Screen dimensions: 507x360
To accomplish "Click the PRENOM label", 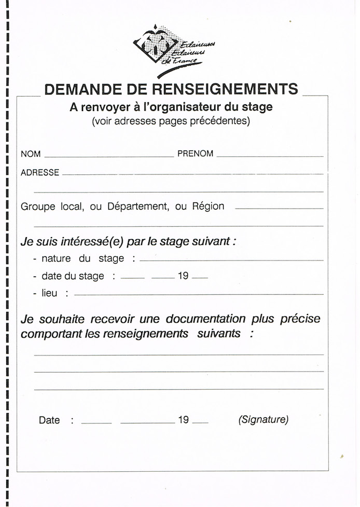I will pos(195,154).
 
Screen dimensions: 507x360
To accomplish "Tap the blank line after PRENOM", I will pos(270,155).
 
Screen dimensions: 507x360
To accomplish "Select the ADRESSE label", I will pos(40,173).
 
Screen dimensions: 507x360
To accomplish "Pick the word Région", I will pos(208,207).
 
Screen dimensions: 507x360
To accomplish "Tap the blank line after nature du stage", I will pos(231,259).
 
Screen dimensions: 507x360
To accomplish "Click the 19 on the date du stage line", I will pos(183,276).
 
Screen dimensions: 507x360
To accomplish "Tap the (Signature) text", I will pos(264,420).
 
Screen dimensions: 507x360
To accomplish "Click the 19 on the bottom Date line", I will pos(183,420).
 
